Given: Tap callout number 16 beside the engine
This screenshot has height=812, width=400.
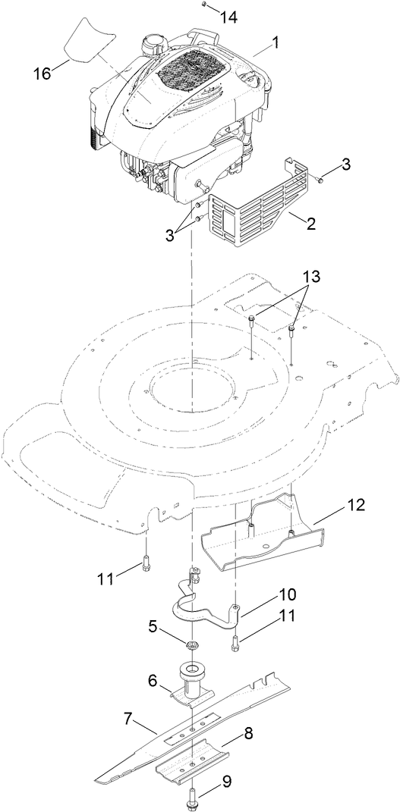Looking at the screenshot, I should coord(42,73).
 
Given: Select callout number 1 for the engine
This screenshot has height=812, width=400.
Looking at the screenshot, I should coord(275,43).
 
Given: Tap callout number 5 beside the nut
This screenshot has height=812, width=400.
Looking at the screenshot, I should coord(152,627).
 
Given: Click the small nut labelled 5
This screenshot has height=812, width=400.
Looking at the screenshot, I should coord(194,645).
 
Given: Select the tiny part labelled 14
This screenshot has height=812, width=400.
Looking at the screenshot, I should coord(205,5).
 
